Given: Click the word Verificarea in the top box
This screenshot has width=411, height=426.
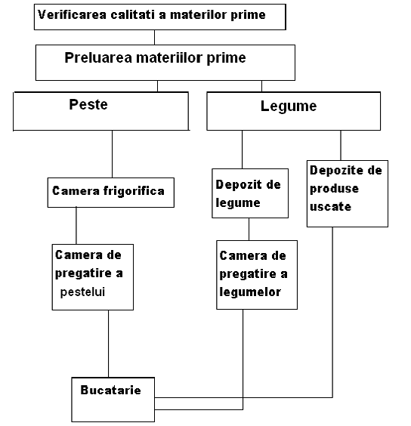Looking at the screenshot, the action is (x=72, y=14).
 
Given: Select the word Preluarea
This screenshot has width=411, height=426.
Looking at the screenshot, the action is (x=98, y=57).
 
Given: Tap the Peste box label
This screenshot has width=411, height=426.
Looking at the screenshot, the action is (x=88, y=104).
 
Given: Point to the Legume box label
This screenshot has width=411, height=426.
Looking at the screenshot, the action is (x=289, y=106).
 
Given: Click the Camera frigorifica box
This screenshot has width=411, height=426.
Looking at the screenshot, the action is (x=111, y=193).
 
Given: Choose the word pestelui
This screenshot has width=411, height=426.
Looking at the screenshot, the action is (x=82, y=292).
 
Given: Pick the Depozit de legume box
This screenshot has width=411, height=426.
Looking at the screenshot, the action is (x=250, y=193).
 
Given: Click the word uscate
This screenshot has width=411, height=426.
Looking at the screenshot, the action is (x=331, y=207).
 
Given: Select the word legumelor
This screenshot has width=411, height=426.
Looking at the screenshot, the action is (x=250, y=292).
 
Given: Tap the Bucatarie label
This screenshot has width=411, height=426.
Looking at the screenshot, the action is (x=110, y=390).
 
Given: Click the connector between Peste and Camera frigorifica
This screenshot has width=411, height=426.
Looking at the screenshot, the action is (x=113, y=154).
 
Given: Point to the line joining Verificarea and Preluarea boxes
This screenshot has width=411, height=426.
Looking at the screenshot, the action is (x=154, y=37).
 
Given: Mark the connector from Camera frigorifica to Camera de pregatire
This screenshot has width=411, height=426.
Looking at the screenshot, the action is (x=76, y=226).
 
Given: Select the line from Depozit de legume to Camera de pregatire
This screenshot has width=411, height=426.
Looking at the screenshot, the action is (x=249, y=229).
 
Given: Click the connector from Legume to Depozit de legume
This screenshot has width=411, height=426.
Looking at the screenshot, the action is (x=243, y=150).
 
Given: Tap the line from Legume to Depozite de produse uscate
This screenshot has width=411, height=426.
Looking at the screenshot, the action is (x=341, y=145).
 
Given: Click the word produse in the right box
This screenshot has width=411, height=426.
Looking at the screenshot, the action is (x=335, y=189).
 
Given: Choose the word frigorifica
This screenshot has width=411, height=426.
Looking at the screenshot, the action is (x=134, y=191).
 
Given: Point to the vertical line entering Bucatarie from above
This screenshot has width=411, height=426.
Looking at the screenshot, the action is (x=109, y=344).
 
